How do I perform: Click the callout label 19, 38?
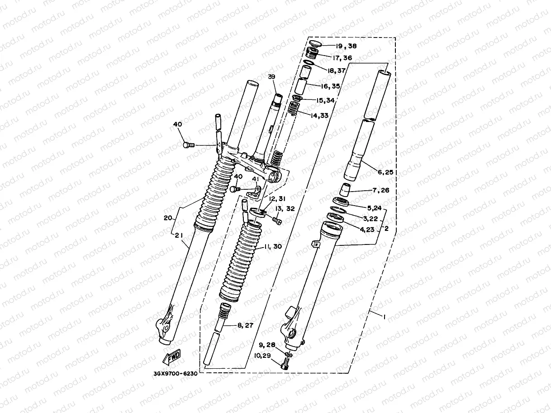click(x=346, y=46)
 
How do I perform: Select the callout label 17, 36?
click(x=342, y=58)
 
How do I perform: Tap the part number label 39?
click(x=271, y=77)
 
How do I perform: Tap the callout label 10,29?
click(x=262, y=356)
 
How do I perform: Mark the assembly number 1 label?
click(x=384, y=317)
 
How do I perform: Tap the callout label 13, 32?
click(x=285, y=209)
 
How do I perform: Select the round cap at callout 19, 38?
click(x=316, y=43)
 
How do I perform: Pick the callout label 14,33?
click(x=319, y=115)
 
